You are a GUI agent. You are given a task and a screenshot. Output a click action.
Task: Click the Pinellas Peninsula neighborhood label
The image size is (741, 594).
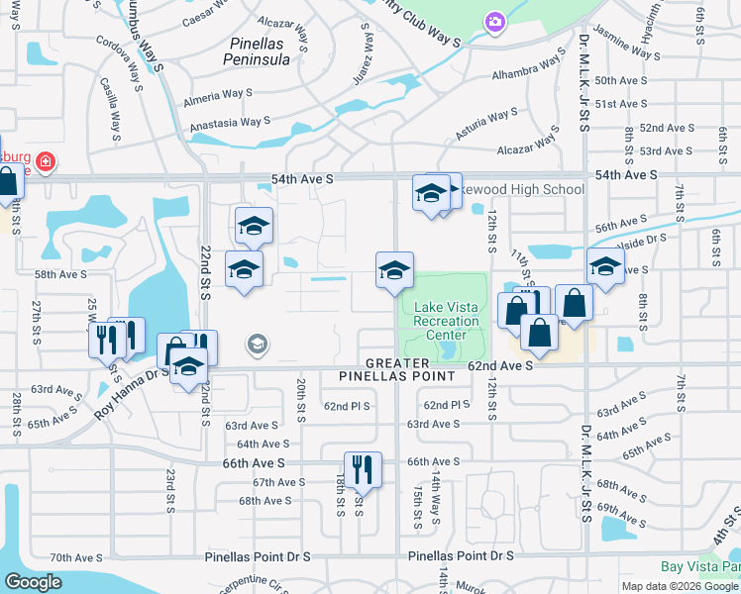[260, 51]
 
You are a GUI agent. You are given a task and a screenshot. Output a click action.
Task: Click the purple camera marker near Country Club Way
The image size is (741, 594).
[493, 21]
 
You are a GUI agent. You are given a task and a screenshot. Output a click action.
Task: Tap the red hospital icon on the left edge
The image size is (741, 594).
[47, 160]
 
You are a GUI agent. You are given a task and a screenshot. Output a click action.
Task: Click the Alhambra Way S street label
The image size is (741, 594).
[529, 71]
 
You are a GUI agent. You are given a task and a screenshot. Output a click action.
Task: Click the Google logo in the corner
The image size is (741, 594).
[33, 582]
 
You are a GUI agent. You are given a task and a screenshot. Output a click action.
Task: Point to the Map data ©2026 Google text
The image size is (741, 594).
[679, 586]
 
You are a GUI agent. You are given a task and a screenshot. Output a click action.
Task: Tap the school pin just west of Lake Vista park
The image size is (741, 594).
[393, 269]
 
